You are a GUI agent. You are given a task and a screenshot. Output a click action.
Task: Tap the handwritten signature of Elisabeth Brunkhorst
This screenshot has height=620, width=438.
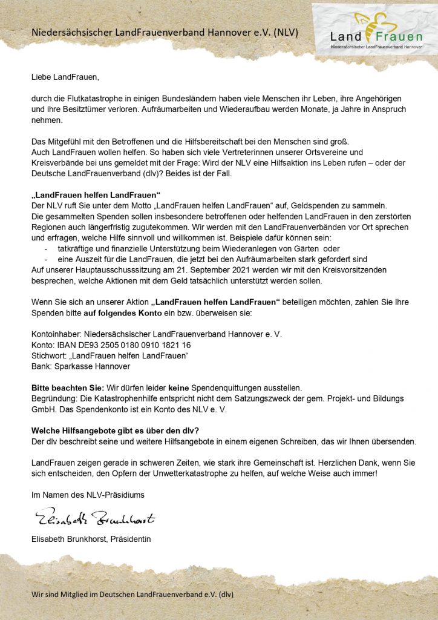click(x=94, y=519)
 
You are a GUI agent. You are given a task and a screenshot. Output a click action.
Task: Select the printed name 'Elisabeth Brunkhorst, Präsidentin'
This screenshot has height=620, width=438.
click(x=91, y=539)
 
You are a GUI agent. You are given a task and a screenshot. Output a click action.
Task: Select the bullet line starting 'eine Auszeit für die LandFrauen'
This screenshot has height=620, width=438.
click(x=203, y=259)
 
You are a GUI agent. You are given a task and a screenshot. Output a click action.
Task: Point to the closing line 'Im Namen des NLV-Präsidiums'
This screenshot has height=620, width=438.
click(x=88, y=495)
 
